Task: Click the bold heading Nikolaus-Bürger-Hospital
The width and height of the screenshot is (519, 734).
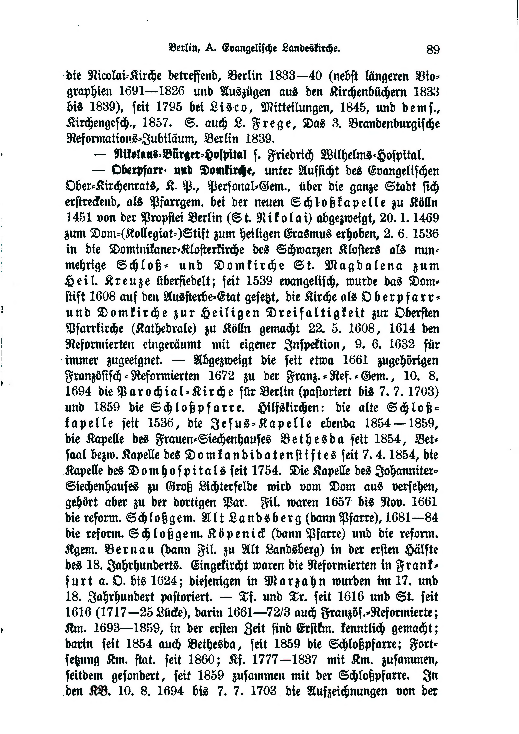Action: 181,155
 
